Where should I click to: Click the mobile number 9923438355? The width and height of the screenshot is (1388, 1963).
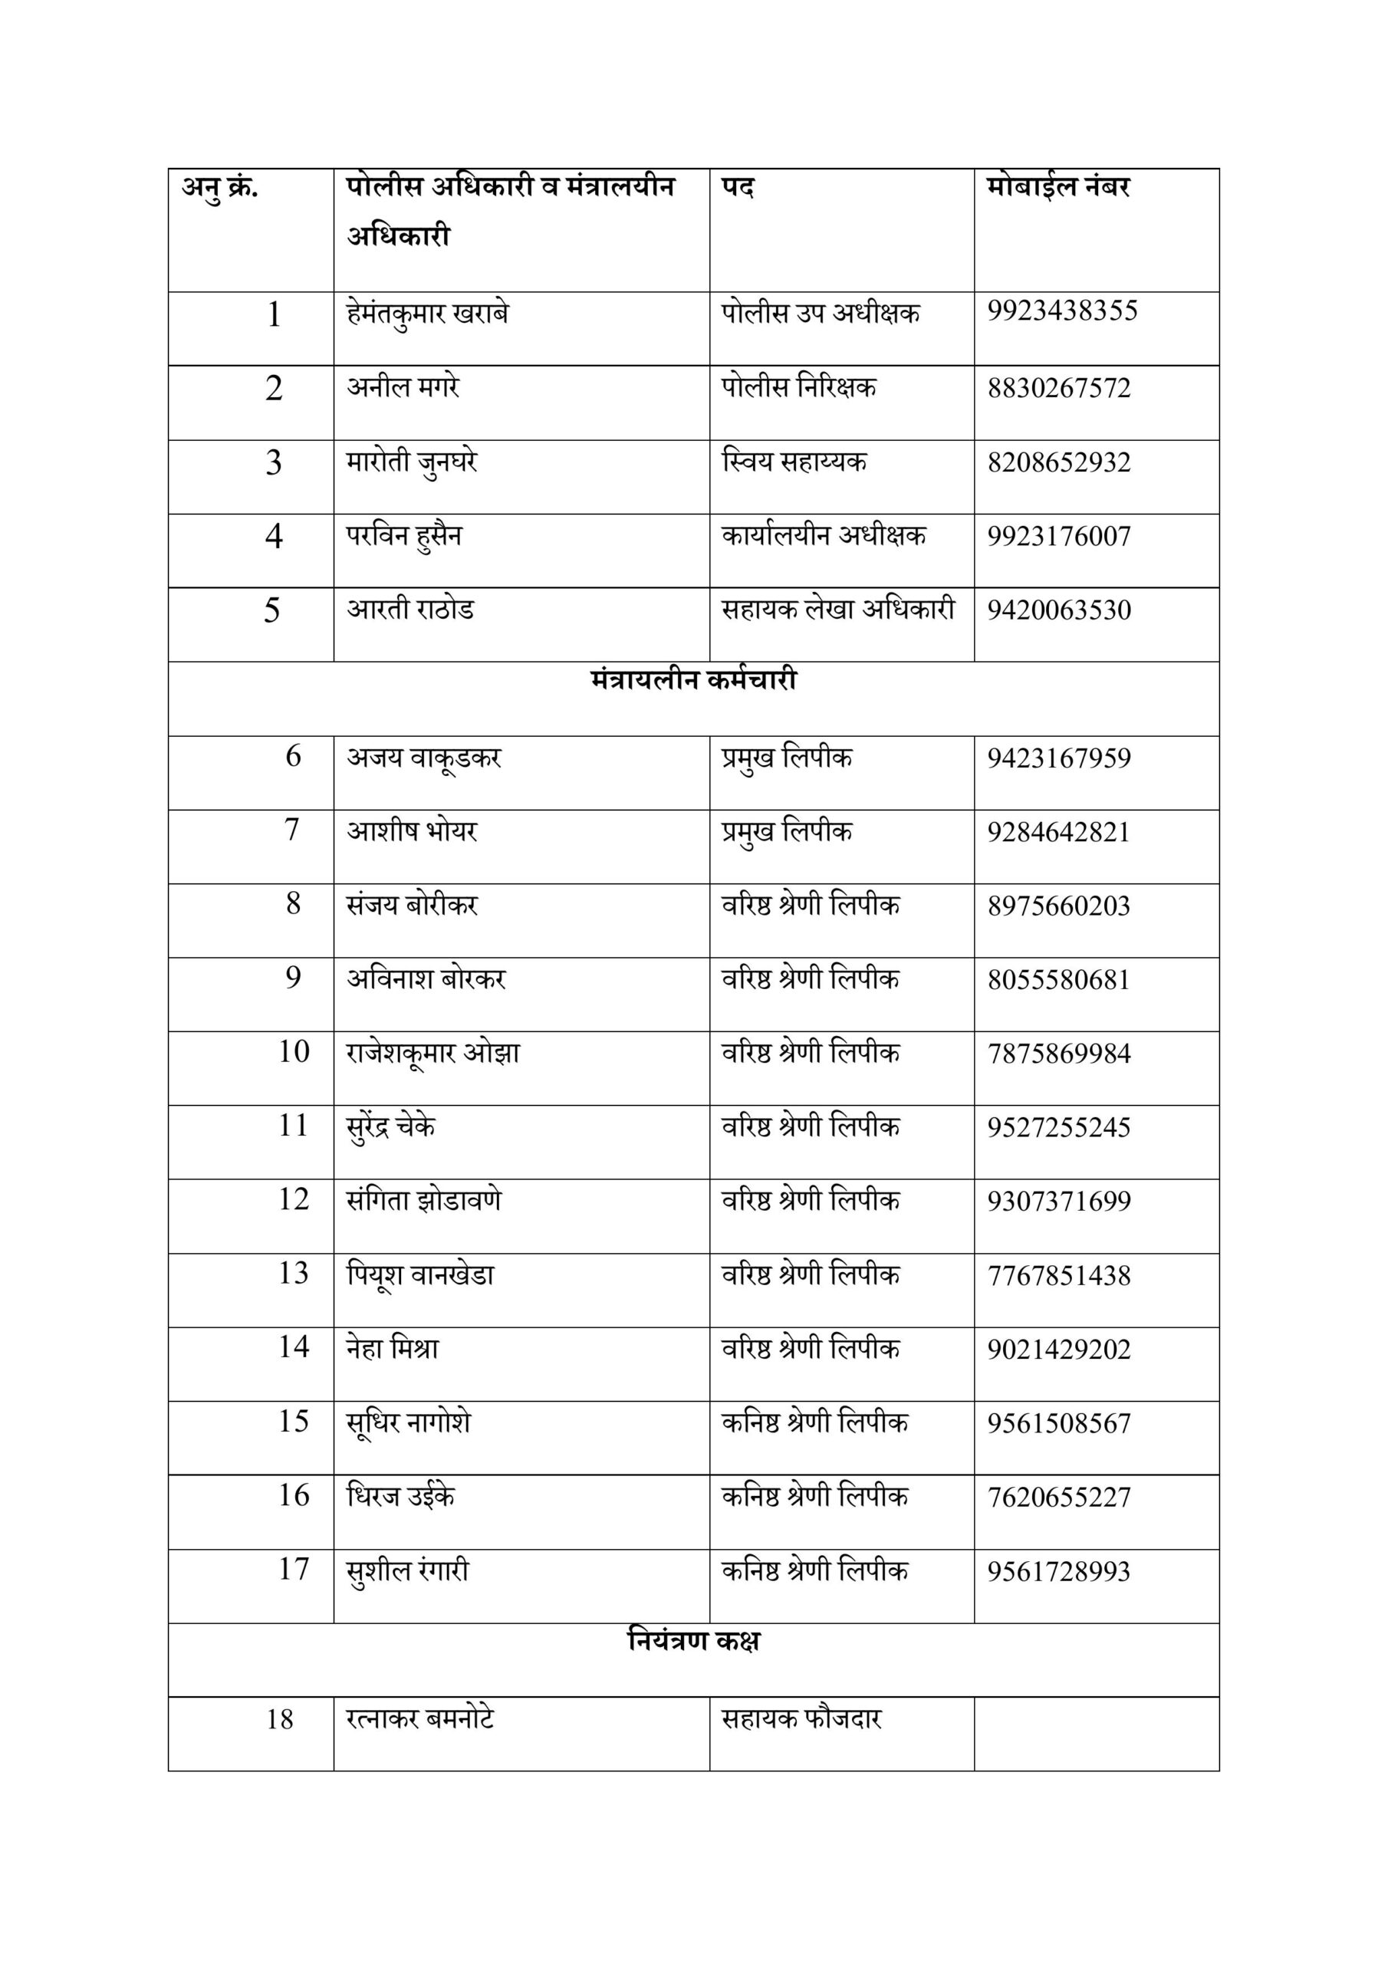[x=1062, y=311]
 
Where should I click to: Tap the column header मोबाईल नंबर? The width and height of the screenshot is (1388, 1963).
[x=1058, y=187]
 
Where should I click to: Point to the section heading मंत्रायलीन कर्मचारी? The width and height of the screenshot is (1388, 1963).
[x=693, y=681]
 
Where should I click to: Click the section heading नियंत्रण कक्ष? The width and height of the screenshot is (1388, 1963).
[x=693, y=1641]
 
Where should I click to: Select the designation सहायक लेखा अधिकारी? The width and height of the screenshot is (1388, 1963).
[x=838, y=610]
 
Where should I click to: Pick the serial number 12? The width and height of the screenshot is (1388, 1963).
[x=294, y=1199]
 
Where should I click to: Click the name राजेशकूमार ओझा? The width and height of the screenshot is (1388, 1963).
[x=433, y=1053]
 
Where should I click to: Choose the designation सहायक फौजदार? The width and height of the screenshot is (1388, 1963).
[x=801, y=1718]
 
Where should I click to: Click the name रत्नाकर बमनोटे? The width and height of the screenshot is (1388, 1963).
[x=420, y=1718]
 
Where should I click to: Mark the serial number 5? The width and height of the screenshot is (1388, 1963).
[x=272, y=610]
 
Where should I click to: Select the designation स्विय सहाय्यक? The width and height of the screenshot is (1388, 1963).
[x=794, y=462]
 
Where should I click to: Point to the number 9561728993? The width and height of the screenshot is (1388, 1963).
[x=1059, y=1571]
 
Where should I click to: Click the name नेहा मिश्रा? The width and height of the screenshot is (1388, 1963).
[x=393, y=1349]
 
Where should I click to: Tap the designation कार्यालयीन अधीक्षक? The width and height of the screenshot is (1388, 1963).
[x=824, y=536]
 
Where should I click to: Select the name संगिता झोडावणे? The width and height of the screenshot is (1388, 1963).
[x=423, y=1200]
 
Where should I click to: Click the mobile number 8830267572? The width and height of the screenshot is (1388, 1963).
[x=1059, y=388]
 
